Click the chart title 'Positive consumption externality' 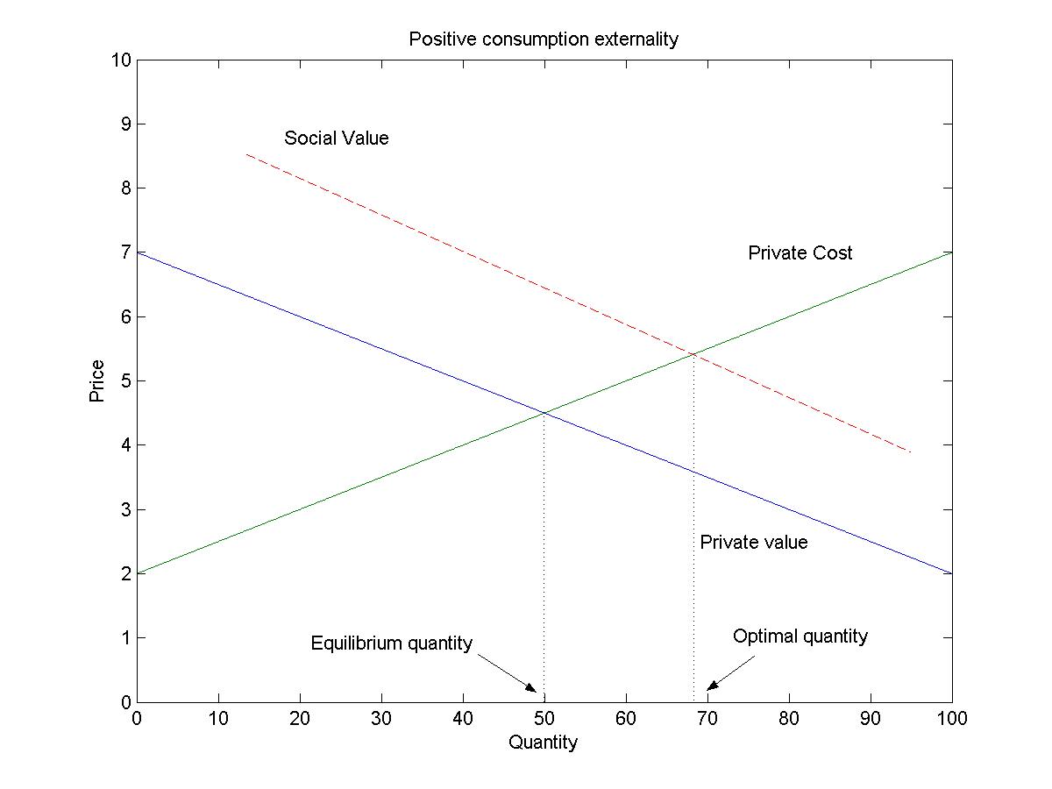544,39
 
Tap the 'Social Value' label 336,139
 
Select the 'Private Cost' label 800,253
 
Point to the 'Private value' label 753,543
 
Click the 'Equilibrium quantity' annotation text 391,643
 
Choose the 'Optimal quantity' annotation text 800,636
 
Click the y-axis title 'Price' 96,380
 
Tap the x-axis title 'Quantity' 543,743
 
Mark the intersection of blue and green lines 544,412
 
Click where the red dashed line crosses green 693,354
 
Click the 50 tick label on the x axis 544,720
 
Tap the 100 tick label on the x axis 951,720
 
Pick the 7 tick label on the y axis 125,252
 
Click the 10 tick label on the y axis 121,60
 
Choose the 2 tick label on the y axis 125,573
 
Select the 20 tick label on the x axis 300,720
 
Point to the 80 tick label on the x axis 789,720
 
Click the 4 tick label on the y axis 125,445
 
